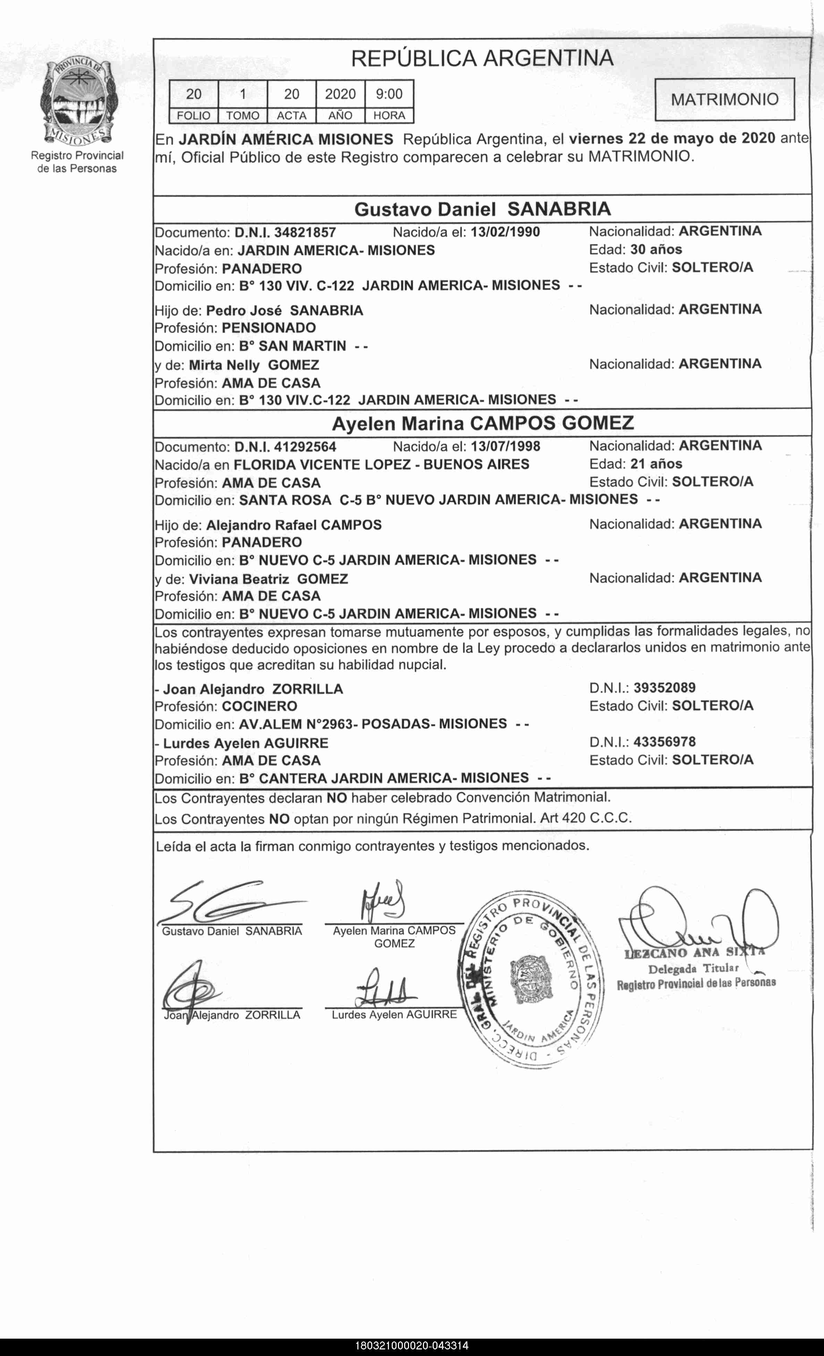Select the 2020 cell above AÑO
click(x=340, y=94)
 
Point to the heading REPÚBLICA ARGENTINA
click(x=482, y=58)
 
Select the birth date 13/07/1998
click(x=505, y=446)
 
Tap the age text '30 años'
click(x=656, y=249)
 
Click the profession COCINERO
click(x=259, y=706)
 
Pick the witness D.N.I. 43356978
click(x=664, y=742)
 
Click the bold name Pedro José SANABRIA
click(x=284, y=311)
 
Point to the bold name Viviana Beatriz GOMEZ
click(x=268, y=579)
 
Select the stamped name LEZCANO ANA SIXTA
click(x=695, y=952)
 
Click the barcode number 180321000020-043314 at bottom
click(x=412, y=1346)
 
